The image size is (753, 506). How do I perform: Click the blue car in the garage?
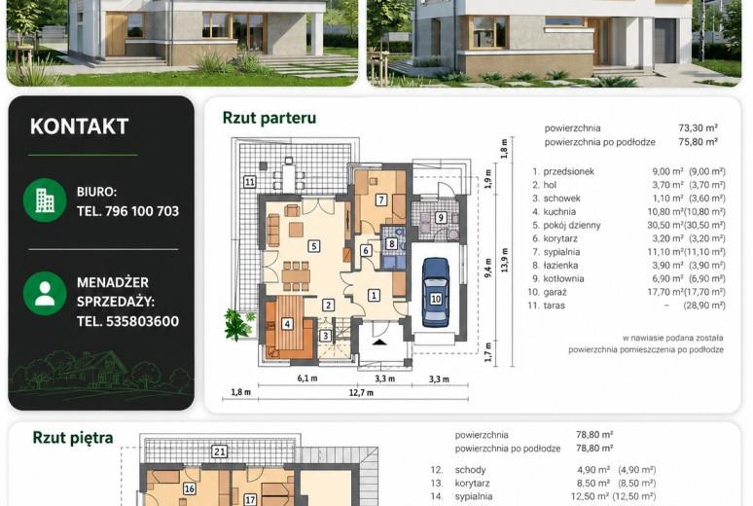436,293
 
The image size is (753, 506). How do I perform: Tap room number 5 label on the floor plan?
314,246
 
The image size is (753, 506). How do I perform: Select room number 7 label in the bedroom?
381,199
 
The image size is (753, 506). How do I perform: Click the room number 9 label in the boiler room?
441,217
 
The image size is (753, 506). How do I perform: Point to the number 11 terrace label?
250,182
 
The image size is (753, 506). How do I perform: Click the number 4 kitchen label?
287,323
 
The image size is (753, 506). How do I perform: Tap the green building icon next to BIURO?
45,199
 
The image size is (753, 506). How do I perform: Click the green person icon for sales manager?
45,293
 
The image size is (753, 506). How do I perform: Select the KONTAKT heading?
79,126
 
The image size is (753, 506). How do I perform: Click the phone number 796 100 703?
142,211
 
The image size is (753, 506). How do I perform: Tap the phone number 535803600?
142,321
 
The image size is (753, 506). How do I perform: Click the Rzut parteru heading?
269,118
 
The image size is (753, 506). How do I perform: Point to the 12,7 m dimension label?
361,392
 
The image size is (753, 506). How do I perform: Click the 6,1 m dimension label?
307,379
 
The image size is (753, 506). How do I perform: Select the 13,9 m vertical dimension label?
504,260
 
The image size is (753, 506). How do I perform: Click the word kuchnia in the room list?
559,211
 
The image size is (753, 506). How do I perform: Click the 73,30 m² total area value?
699,127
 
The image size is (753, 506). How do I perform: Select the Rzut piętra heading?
73,438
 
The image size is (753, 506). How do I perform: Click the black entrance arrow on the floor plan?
379,343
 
